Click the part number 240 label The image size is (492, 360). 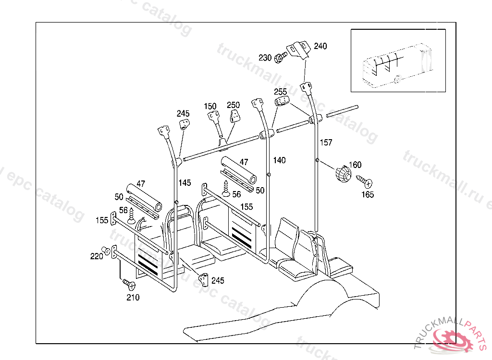click(x=320, y=47)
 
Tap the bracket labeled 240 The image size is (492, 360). click(x=298, y=50)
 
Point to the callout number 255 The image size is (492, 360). click(x=281, y=92)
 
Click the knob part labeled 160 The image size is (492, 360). click(x=342, y=173)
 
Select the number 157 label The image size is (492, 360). click(x=326, y=143)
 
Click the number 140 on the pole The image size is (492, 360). click(x=279, y=160)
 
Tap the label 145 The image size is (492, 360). click(x=184, y=182)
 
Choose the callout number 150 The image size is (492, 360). click(x=210, y=106)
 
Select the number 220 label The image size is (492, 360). click(x=97, y=256)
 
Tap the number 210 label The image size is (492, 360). click(x=133, y=298)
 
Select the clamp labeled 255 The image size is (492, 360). click(x=282, y=101)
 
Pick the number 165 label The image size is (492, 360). click(x=368, y=194)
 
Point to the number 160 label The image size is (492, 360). click(x=355, y=165)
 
